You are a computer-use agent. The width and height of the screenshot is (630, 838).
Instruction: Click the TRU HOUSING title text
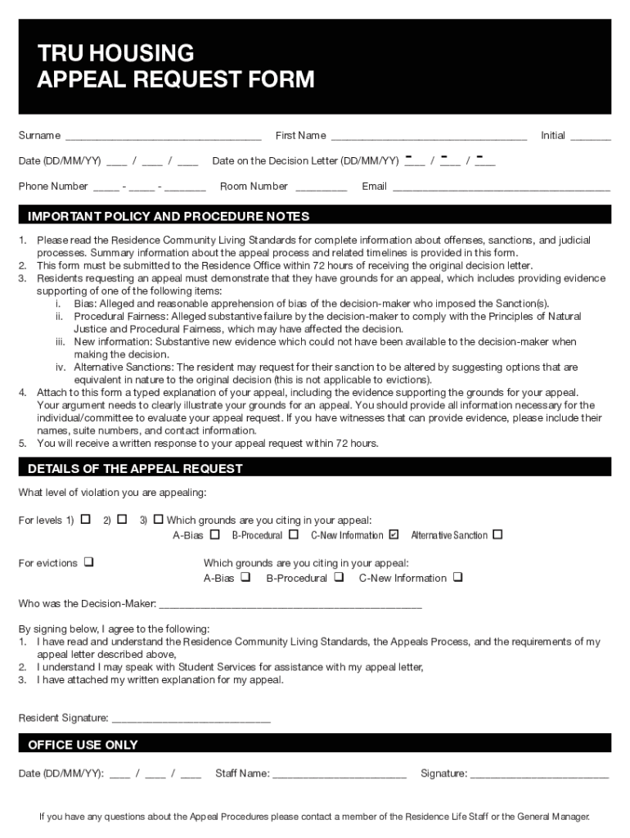pos(115,54)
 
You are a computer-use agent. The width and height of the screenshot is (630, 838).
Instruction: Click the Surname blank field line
pos(163,137)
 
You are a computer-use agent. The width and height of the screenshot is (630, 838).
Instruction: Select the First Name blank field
pos(429,137)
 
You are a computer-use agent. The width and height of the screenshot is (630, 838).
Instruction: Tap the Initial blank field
pos(590,137)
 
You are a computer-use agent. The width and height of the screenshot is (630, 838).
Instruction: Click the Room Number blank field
pos(321,187)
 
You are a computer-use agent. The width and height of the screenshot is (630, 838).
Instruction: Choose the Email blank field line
pos(501,187)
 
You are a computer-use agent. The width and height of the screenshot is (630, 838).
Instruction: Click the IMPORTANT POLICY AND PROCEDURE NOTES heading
pos(169,217)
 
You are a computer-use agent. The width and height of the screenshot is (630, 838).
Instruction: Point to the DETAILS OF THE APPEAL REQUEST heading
pos(135,469)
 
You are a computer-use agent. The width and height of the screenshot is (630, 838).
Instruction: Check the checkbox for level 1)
pos(85,519)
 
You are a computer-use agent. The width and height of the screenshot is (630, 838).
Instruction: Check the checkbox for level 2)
pos(122,519)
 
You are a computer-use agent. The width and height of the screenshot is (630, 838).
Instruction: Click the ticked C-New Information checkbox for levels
pos(394,535)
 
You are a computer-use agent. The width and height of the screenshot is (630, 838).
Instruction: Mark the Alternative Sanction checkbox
pos(497,535)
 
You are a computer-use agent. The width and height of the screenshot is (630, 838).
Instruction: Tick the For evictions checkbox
pos(88,562)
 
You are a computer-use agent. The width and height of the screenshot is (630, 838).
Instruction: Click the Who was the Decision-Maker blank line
pos(290,606)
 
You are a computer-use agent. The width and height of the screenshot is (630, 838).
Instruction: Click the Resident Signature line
pos(191,719)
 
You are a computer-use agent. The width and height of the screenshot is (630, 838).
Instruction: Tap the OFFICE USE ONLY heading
pos(83,745)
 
